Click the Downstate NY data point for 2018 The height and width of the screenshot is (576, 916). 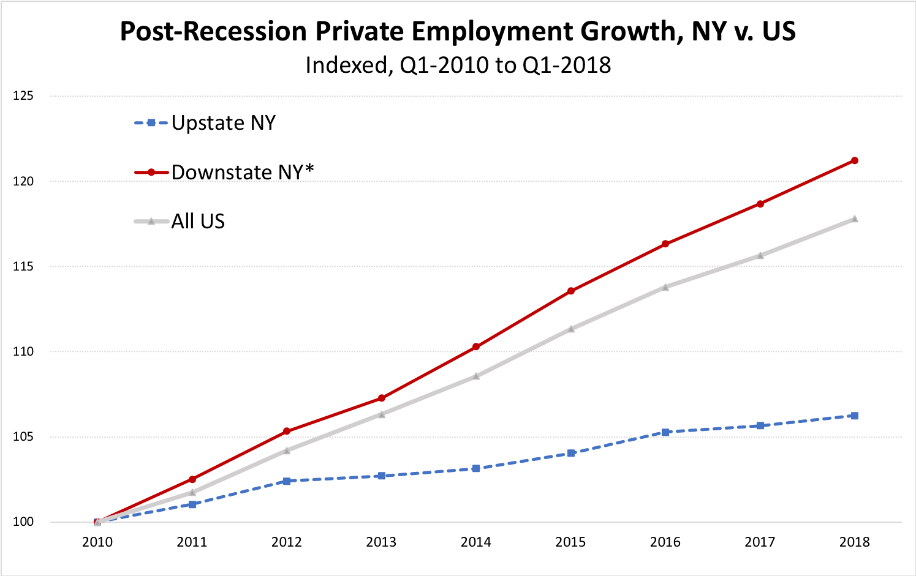coord(854,160)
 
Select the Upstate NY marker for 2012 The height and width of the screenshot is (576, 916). coord(287,481)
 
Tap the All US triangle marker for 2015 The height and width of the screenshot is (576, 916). coord(571,329)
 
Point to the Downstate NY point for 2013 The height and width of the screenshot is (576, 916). coord(382,398)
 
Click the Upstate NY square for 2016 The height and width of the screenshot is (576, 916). coord(665,432)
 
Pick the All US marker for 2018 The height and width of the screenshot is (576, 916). coord(854,219)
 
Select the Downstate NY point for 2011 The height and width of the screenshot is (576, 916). coord(192,479)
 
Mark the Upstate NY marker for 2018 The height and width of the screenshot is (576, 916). coord(854,416)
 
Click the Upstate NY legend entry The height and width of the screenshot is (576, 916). coord(223,123)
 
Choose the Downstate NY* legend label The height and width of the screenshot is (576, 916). coord(242,172)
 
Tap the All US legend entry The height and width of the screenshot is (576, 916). coord(198,221)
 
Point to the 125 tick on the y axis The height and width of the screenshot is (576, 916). coord(25,96)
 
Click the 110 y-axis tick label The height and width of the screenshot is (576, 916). coord(25,352)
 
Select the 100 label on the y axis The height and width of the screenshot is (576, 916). coord(25,522)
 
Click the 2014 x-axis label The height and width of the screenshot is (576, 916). coord(476,542)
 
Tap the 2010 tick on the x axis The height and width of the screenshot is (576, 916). coord(97,542)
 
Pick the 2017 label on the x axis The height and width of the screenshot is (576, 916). coord(760,542)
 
